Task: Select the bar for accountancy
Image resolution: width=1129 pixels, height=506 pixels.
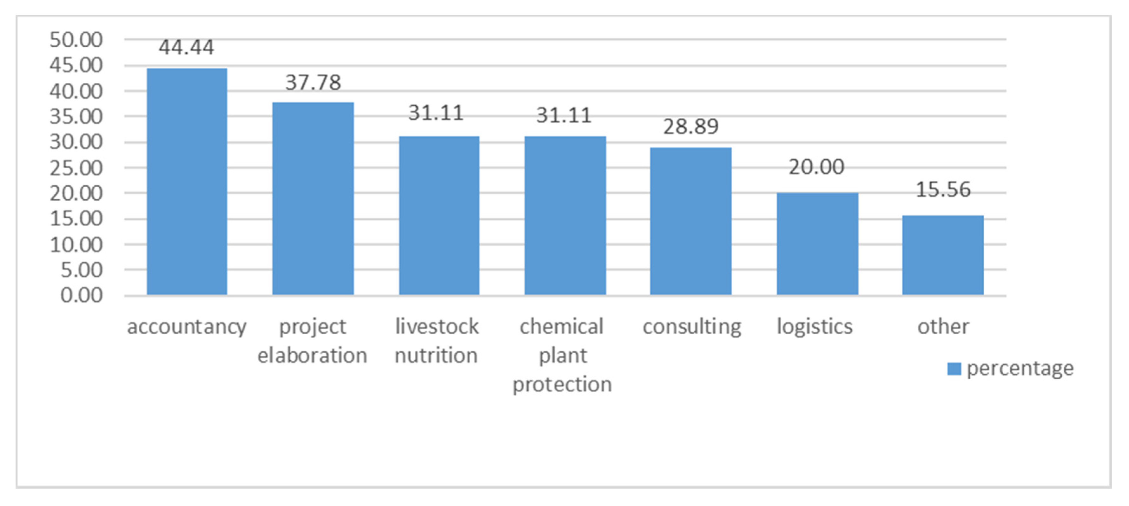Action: pos(187,182)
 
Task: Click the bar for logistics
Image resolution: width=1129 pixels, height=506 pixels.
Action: pos(817,244)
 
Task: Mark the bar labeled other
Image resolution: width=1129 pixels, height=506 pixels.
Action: pos(943,255)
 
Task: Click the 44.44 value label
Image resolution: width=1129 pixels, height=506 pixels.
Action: pos(186,47)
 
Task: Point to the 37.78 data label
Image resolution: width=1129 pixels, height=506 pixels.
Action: pos(313,83)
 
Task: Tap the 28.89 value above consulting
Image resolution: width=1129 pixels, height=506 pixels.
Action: pos(691,127)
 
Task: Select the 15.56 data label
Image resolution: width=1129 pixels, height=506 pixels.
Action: pos(943,190)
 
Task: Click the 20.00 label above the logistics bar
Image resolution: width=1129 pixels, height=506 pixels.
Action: pos(816,167)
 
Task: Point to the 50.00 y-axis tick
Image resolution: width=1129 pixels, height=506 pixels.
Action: pos(76,40)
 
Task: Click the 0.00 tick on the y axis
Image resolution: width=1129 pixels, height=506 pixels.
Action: pos(82,296)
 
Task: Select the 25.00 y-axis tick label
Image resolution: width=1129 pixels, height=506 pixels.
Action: pos(76,168)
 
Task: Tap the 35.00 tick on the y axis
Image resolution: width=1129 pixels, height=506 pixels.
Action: pos(76,117)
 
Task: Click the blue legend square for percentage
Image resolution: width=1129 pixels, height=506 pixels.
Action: pos(954,369)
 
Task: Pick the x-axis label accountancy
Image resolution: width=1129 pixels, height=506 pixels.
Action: pos(187,327)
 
